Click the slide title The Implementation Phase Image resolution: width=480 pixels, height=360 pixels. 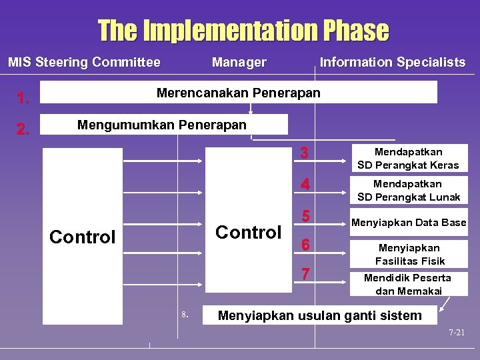tap(243, 30)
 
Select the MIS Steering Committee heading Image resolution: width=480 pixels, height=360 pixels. tap(84, 63)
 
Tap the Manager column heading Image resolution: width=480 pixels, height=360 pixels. tap(239, 63)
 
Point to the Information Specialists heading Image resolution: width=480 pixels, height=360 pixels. tap(393, 63)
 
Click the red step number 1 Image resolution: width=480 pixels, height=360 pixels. tap(24, 99)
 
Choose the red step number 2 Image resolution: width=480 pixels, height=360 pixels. tap(24, 130)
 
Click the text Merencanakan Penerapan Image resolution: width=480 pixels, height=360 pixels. tap(238, 93)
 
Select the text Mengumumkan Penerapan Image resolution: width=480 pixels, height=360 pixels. tap(162, 125)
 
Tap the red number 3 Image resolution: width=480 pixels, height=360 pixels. tap(305, 153)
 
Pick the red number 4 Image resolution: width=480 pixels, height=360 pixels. tap(305, 185)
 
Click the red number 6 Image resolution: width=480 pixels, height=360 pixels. tap(305, 245)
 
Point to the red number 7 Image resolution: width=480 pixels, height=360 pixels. tap(305, 274)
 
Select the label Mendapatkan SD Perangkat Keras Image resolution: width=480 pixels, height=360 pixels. tap(408, 159)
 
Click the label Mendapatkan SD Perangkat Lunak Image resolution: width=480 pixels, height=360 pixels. tap(408, 190)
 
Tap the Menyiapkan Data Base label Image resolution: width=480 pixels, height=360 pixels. tap(409, 223)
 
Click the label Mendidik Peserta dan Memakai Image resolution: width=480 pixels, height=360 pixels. tap(407, 284)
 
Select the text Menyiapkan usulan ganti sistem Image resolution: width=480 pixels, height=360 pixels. tap(320, 315)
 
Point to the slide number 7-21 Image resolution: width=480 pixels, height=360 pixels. tap(456, 332)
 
